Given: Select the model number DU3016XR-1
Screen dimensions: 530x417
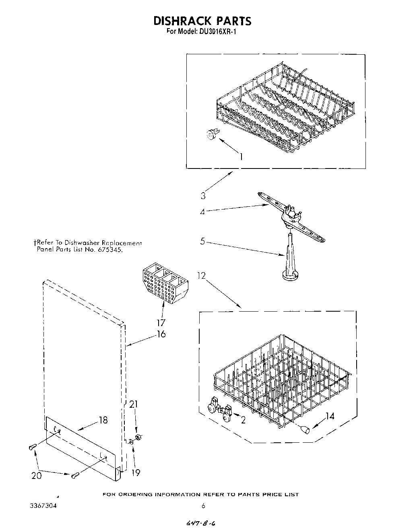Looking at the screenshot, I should click(x=217, y=32).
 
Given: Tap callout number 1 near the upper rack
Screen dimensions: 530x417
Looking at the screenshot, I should click(x=241, y=156).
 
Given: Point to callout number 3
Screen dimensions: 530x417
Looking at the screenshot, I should click(x=203, y=196).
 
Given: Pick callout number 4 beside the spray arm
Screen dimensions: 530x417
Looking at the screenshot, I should click(x=202, y=212).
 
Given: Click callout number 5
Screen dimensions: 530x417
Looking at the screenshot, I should click(x=202, y=242).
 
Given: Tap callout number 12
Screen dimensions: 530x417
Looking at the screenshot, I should click(x=202, y=275).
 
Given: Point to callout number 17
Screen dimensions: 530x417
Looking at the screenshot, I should click(x=161, y=323).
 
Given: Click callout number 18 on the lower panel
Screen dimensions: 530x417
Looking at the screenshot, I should click(x=103, y=420).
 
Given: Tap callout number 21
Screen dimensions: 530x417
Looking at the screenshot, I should click(x=133, y=404).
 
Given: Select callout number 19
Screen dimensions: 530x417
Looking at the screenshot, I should click(x=136, y=473).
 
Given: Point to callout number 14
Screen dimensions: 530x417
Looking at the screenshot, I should click(x=329, y=417).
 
